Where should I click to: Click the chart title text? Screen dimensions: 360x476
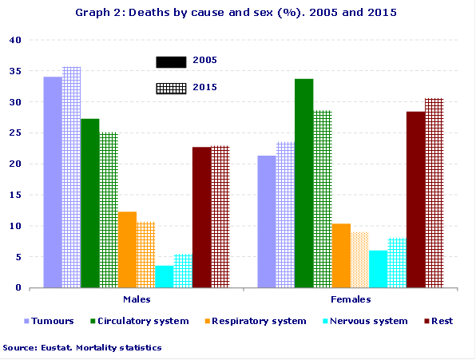[236, 13]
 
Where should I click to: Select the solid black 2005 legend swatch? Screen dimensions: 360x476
[171, 61]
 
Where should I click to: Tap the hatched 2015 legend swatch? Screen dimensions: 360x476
[171, 88]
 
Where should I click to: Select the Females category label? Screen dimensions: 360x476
[350, 299]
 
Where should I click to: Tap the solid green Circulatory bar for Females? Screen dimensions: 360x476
[303, 183]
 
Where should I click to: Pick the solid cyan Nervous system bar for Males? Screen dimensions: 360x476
[165, 276]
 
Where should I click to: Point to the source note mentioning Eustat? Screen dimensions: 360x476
[82, 347]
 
